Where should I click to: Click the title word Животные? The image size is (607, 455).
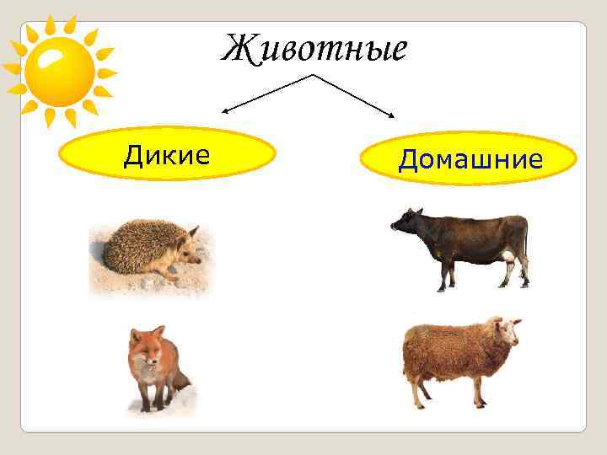[314, 48]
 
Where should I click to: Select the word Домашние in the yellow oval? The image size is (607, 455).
[469, 158]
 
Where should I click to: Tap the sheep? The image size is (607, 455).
[459, 354]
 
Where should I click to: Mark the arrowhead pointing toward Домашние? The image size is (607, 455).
[394, 115]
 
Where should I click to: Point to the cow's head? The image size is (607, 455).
[406, 223]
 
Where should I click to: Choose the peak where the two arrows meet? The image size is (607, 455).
[314, 75]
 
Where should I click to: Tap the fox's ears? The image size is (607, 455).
[145, 332]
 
